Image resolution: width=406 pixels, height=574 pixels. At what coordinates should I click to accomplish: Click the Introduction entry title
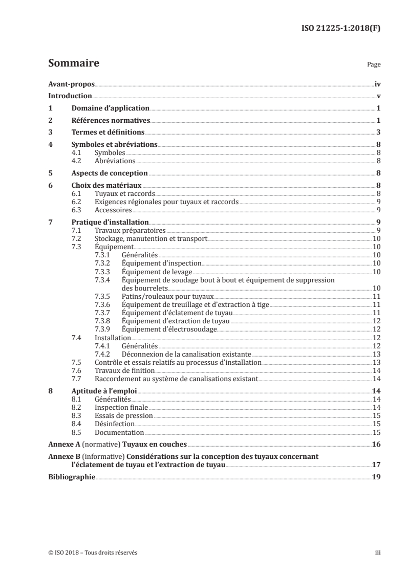(x=70, y=96)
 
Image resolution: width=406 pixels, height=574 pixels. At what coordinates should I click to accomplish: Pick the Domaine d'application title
(x=110, y=108)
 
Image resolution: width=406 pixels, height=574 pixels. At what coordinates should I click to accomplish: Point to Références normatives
(x=110, y=120)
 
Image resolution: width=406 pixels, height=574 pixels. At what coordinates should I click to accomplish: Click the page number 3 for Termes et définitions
(x=378, y=133)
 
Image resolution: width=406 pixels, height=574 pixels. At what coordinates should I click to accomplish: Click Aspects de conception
(x=110, y=172)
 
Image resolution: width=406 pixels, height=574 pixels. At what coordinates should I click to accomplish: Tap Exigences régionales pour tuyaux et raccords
(x=166, y=202)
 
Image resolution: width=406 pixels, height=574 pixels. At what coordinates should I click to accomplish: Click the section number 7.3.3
(x=104, y=271)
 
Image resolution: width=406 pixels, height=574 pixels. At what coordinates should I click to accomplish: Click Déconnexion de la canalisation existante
(x=186, y=354)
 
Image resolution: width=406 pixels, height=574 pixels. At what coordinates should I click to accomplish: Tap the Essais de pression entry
(x=124, y=415)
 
